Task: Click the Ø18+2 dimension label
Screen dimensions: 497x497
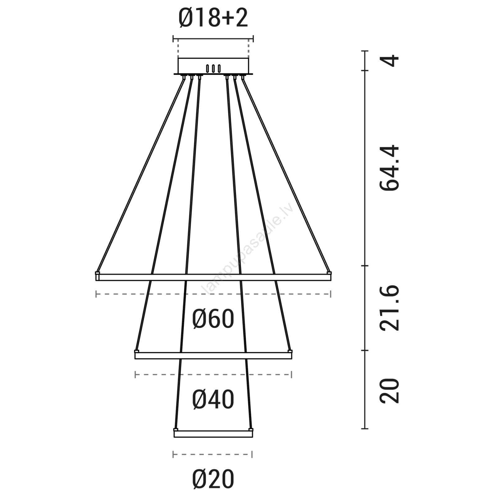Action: coord(213,18)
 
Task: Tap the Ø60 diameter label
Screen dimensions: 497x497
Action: coord(213,319)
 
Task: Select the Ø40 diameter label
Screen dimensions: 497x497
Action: coord(213,399)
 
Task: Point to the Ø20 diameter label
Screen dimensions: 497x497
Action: coord(213,479)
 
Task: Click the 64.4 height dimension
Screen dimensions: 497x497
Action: coord(389,167)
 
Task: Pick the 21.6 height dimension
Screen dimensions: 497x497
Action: coord(389,308)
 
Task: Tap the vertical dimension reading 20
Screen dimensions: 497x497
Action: coord(389,391)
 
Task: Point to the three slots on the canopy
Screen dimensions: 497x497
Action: coord(213,69)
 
